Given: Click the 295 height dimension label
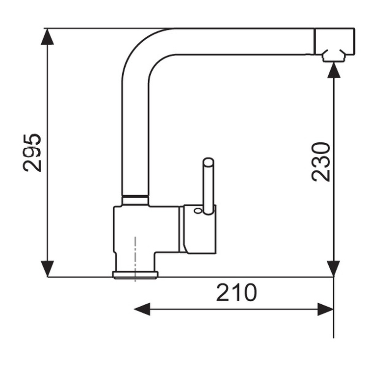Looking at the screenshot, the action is point(32,153).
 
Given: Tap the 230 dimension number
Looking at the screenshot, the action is point(320,162).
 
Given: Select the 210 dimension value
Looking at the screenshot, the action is point(237,292).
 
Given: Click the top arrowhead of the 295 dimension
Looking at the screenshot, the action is point(48,36).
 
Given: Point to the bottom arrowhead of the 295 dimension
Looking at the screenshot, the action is point(48,269).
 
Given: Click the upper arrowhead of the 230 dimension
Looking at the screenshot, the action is point(334,70).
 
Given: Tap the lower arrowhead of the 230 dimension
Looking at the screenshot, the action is point(334,269).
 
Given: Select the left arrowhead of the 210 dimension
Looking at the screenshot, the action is point(142,309).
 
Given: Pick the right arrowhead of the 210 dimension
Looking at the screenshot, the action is point(325,309).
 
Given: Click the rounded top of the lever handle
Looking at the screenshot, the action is point(209,162).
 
